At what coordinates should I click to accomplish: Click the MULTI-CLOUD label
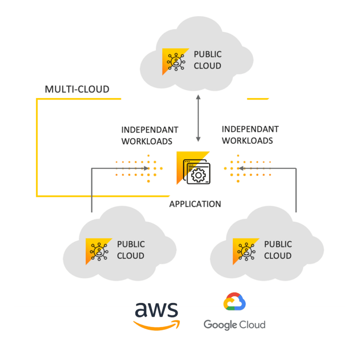77,89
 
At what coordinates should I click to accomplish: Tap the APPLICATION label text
195,204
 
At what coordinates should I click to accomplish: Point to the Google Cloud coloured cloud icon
234,302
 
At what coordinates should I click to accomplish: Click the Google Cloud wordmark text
235,324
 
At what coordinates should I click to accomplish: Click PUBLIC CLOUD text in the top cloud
208,60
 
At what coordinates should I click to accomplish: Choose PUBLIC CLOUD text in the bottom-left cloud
131,250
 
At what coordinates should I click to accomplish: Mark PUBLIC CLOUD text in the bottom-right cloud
278,250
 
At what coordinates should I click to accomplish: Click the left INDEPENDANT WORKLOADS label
150,135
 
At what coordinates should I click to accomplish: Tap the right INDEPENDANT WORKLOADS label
250,135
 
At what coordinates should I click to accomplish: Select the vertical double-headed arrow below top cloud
198,118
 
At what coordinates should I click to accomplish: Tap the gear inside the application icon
198,176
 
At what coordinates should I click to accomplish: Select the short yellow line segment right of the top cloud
258,98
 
